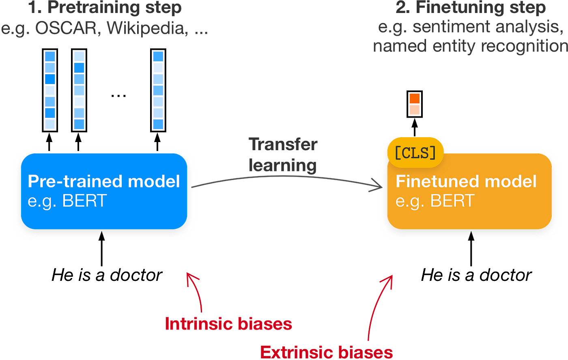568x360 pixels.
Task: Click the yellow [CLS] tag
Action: (415, 153)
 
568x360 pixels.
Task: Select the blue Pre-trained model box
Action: (104, 191)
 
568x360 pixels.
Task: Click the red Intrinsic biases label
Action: (228, 324)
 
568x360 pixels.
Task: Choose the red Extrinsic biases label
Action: (326, 351)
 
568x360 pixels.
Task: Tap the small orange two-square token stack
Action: (415, 104)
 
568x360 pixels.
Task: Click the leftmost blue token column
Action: (50, 90)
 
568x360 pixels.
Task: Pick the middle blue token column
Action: (79, 90)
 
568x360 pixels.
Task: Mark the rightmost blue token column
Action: (158, 90)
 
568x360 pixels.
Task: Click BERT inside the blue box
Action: (84, 201)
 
